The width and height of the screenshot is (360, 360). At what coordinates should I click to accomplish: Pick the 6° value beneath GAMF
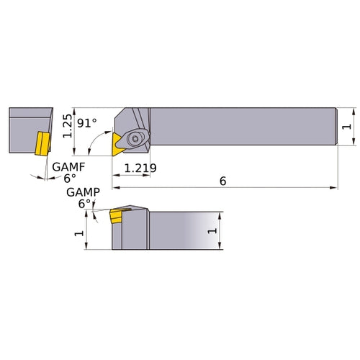pyautogui.click(x=69, y=178)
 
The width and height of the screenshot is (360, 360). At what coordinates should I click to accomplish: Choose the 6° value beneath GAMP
pyautogui.click(x=85, y=204)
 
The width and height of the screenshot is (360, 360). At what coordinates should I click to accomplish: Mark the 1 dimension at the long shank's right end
pyautogui.click(x=347, y=127)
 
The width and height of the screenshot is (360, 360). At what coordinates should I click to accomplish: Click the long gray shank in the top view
pyautogui.click(x=245, y=127)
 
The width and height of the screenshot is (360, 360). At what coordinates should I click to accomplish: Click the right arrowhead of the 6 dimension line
pyautogui.click(x=334, y=189)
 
